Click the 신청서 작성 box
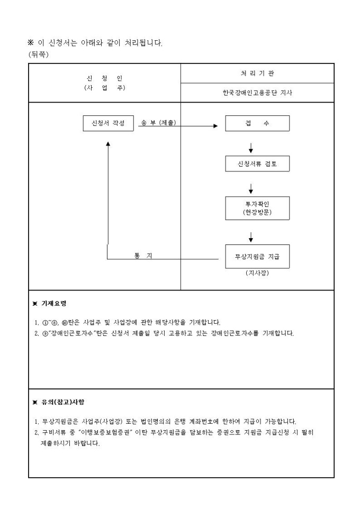pos(109,123)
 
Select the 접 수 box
pos(257,123)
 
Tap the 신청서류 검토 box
pos(257,165)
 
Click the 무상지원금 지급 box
pos(257,256)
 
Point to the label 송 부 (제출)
pos(158,123)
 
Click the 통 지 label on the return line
pos(143,256)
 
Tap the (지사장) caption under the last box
pos(257,273)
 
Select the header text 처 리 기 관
pos(257,73)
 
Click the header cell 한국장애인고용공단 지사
pos(257,92)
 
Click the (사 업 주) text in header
pos(104,88)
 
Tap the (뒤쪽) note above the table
pos(37,54)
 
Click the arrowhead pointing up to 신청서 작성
pos(108,143)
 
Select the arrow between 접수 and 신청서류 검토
pos(250,147)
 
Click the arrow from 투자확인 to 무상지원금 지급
pos(250,236)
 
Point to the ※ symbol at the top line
pos(30,42)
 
